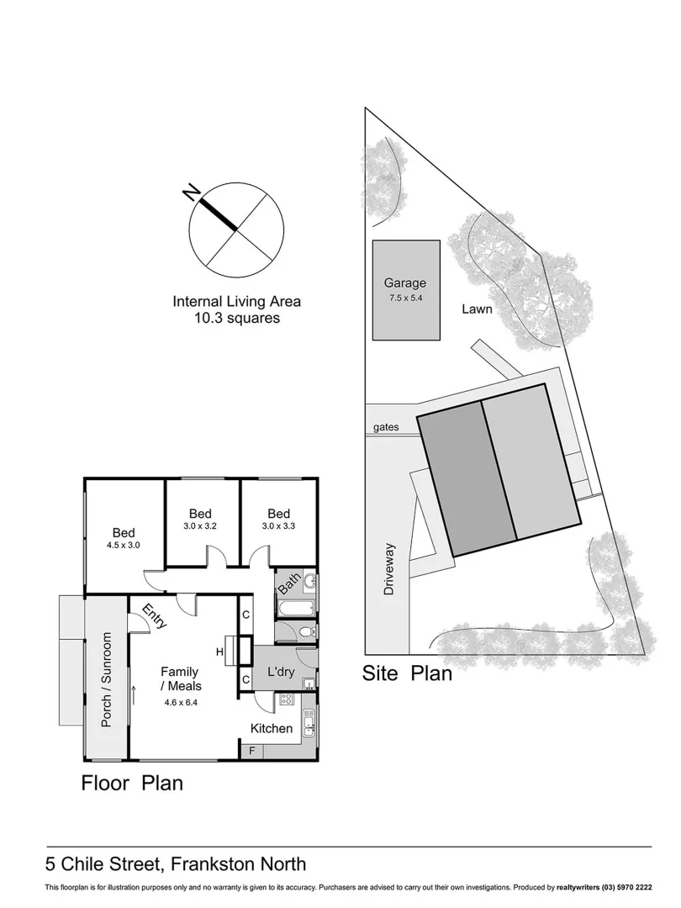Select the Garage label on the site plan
405,283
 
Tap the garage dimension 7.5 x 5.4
405,298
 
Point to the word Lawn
477,309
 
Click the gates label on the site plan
383,428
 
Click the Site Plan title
407,673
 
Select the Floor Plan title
132,784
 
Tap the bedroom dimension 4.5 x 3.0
124,545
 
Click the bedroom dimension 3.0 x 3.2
200,527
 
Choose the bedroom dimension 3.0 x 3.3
279,527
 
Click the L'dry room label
280,673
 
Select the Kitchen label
272,728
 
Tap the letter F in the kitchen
249,750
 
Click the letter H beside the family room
219,652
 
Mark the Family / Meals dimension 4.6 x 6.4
180,700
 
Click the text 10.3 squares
236,319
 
